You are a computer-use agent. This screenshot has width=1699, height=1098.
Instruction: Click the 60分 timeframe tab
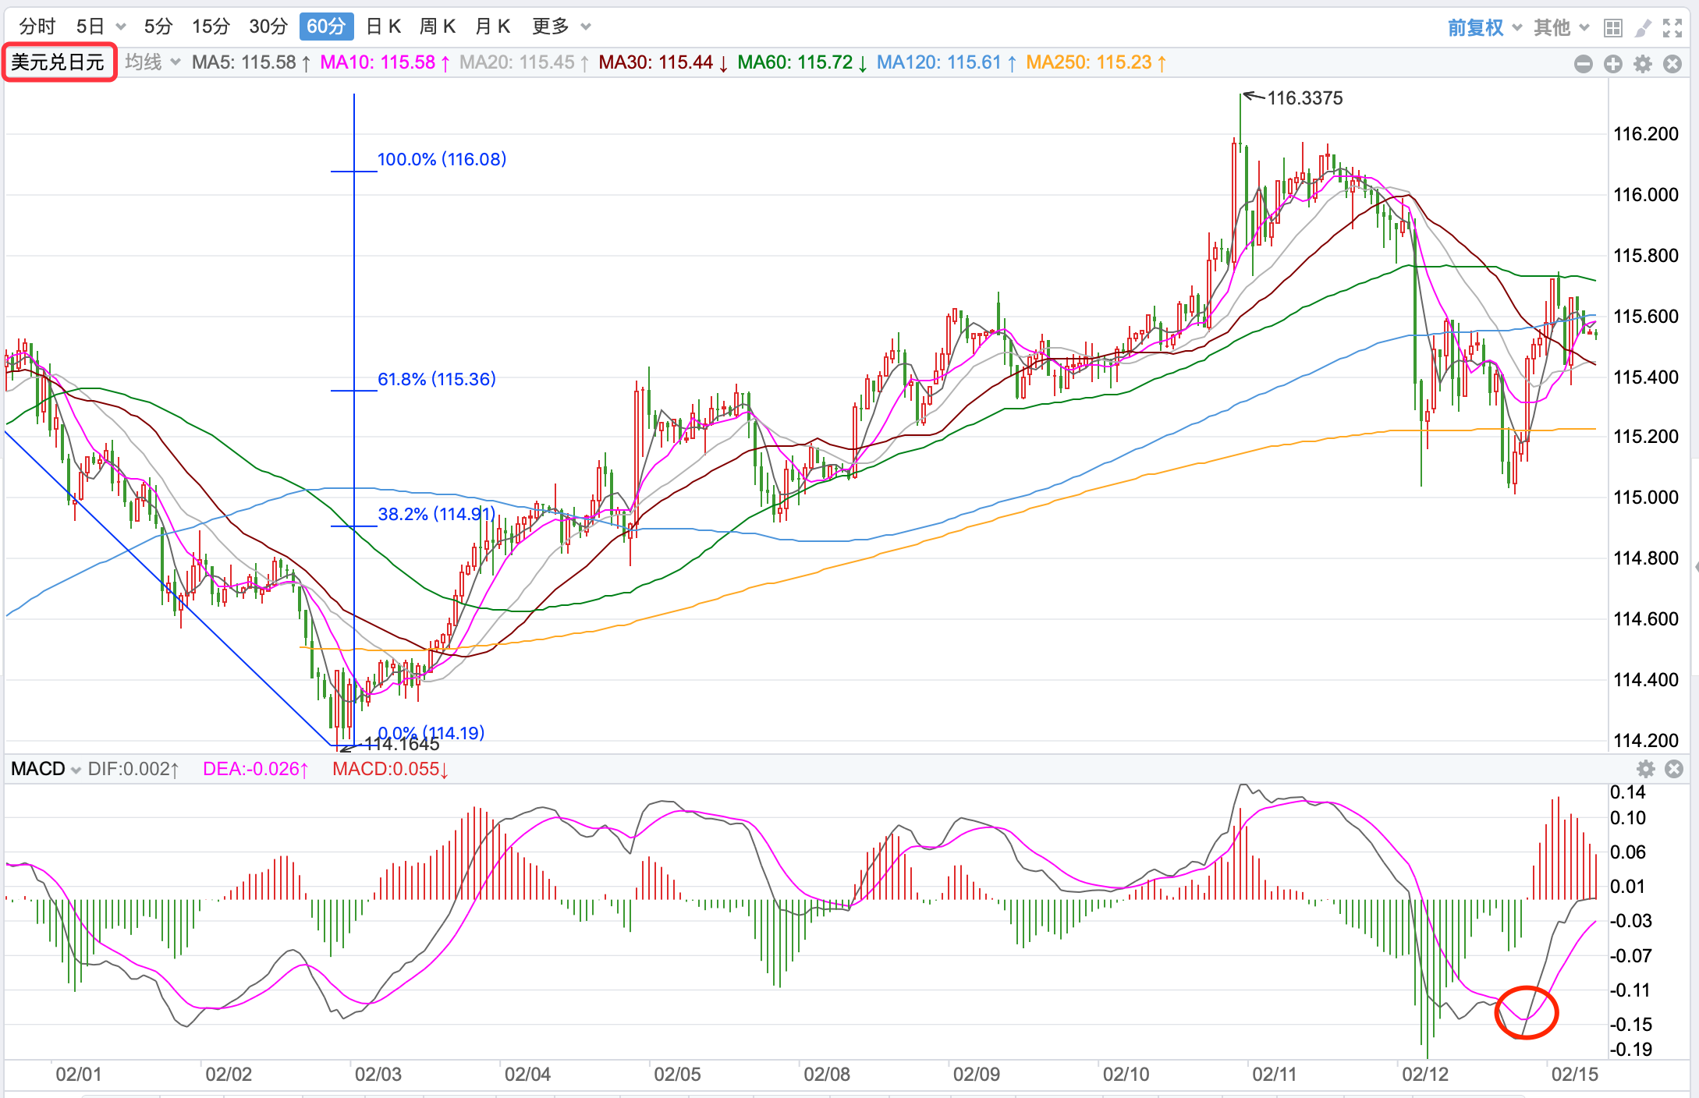click(326, 27)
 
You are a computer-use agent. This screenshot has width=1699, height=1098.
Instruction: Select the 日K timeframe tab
click(383, 27)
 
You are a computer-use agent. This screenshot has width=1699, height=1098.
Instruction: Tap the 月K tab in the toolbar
click(492, 27)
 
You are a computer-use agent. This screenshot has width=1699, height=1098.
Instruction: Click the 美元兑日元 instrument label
click(59, 62)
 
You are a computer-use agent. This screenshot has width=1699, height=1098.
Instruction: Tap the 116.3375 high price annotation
click(1304, 98)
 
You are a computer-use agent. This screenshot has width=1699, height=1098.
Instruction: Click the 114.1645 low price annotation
click(402, 744)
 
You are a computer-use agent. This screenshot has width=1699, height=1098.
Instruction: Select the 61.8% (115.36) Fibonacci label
click(436, 379)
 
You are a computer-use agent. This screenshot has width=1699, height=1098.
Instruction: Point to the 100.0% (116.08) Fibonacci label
click(442, 159)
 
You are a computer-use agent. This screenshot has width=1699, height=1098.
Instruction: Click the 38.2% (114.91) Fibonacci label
click(436, 514)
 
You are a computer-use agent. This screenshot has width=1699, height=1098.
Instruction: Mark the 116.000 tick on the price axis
click(1645, 195)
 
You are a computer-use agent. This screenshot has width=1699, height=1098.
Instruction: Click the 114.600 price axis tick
click(1645, 619)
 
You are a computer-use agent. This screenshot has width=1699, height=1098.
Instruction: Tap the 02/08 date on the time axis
click(826, 1075)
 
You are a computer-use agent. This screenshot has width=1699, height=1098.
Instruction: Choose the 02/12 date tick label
click(1424, 1075)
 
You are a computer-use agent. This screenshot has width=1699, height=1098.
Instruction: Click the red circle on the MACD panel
click(1526, 1012)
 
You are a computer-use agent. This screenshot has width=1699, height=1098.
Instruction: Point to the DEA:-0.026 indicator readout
click(255, 769)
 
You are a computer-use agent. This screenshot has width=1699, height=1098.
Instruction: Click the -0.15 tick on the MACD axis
click(1630, 1024)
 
